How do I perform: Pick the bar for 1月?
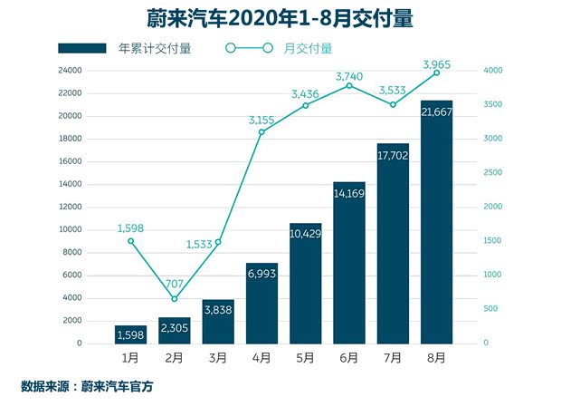pos(131,334)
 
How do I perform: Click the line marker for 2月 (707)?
pos(175,299)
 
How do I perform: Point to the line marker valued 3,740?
pos(349,85)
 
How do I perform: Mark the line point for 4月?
pos(261,132)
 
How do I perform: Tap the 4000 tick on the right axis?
pos(493,71)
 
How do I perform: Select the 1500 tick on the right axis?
pos(493,241)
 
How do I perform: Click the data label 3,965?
pos(438,63)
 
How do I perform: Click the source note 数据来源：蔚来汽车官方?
pos(87,387)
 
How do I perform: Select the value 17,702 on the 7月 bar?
pos(393,155)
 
